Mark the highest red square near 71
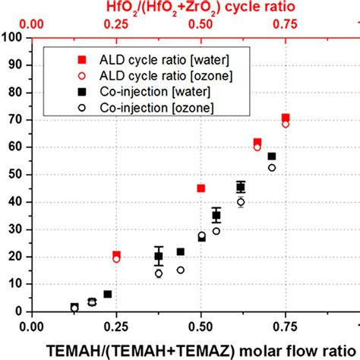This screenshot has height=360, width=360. [286, 118]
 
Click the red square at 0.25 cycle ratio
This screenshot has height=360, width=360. [116, 255]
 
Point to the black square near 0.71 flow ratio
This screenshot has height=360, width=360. [271, 156]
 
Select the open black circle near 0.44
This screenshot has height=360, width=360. [181, 270]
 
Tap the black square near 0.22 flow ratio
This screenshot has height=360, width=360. [107, 294]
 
